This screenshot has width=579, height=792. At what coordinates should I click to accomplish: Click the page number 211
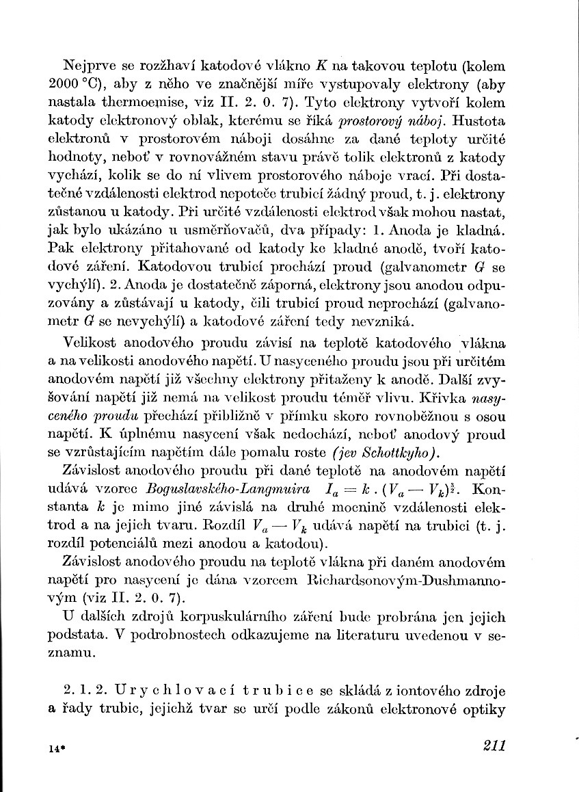click(x=492, y=745)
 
